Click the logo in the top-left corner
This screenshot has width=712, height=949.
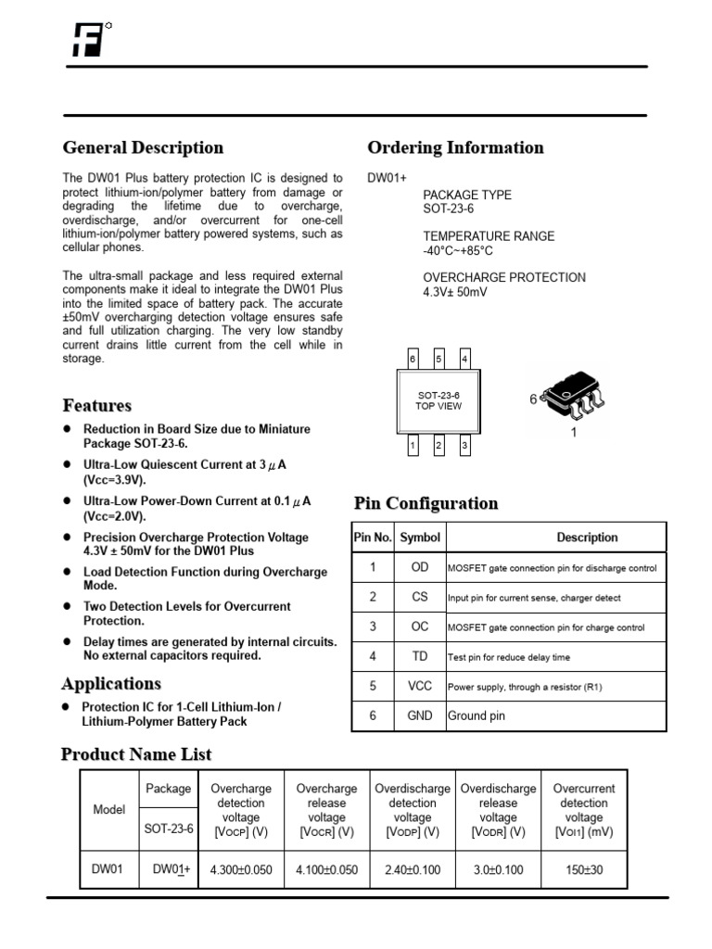[x=87, y=40]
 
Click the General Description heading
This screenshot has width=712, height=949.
[x=143, y=147]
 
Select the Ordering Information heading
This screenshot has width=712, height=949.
[x=455, y=147]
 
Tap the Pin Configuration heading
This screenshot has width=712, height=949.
[x=426, y=503]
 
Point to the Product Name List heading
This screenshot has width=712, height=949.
[x=136, y=754]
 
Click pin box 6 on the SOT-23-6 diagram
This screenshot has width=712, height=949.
[x=413, y=359]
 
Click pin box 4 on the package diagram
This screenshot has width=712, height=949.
[x=464, y=359]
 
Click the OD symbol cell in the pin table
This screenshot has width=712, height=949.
[x=420, y=567]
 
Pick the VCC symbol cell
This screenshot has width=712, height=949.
[x=420, y=687]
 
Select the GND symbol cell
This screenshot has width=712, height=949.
[x=420, y=715]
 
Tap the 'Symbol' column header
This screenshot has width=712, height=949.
[x=420, y=538]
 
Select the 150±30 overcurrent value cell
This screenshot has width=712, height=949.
[x=584, y=870]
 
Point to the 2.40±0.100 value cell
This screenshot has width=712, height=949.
[x=413, y=870]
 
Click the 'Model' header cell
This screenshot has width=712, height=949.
[x=109, y=810]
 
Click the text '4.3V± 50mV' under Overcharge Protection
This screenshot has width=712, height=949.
[x=455, y=292]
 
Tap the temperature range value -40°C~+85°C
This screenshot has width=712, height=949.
[x=458, y=250]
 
